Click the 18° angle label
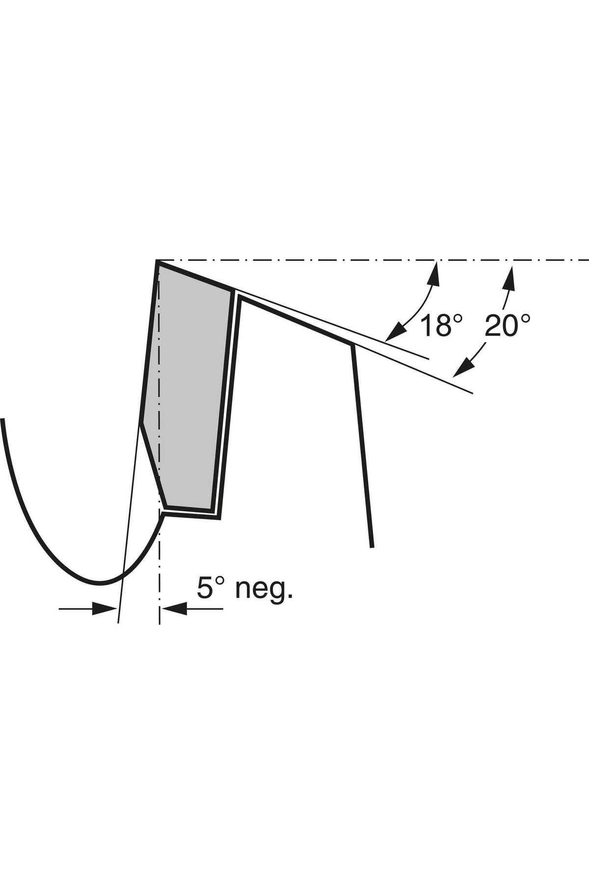click(x=441, y=326)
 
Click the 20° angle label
click(x=508, y=325)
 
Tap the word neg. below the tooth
click(x=264, y=588)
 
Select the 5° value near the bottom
click(x=211, y=587)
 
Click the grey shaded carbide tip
click(x=189, y=393)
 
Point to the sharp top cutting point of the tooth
click(x=157, y=261)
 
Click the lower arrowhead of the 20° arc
click(x=463, y=367)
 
